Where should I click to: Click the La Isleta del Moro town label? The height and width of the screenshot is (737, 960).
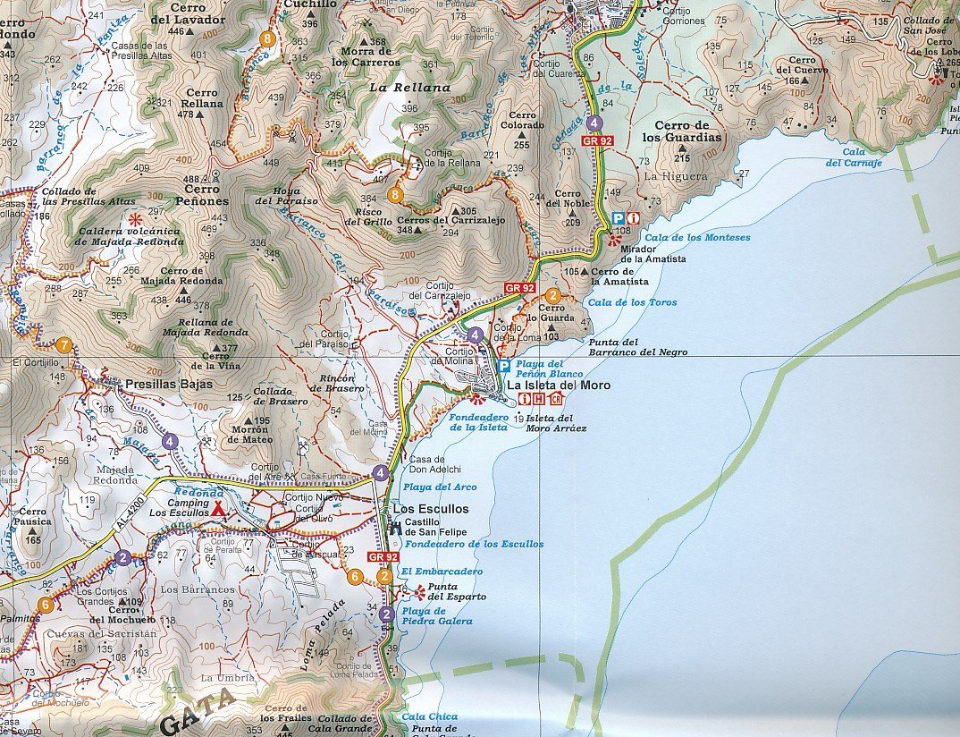559,385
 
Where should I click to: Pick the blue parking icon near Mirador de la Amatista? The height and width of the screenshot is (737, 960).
618,218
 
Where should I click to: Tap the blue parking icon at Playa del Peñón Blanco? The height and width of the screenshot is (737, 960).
503,367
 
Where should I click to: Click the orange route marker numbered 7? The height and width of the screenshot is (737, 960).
63,344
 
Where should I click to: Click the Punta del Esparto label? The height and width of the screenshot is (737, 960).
457,592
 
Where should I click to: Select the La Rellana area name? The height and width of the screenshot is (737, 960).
409,88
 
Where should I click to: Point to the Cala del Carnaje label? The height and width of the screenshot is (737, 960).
854,157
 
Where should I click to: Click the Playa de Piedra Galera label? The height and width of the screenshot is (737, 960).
437,616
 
